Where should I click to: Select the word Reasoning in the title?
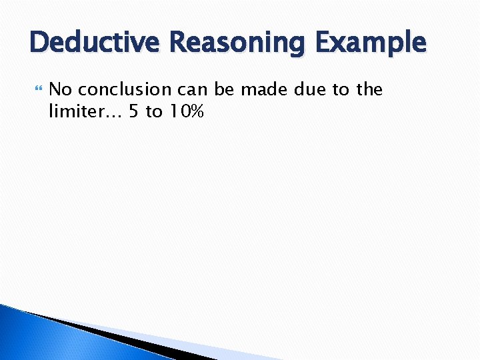[231, 43]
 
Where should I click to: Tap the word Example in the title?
[371, 43]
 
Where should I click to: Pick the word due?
[305, 89]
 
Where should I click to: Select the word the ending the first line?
[369, 89]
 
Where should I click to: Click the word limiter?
[75, 111]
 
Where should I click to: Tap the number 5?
[134, 111]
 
